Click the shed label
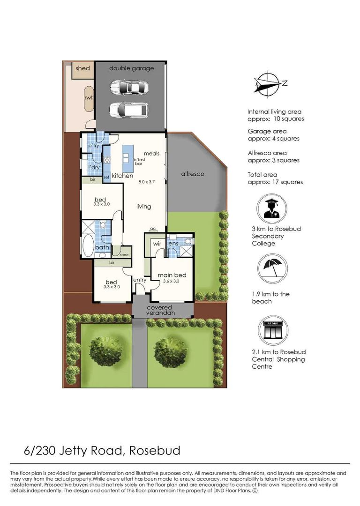click(82, 68)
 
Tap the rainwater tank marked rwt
click(88, 98)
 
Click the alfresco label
click(193, 174)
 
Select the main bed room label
click(172, 275)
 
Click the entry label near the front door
click(140, 280)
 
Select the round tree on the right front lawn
click(172, 350)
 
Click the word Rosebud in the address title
click(154, 451)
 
